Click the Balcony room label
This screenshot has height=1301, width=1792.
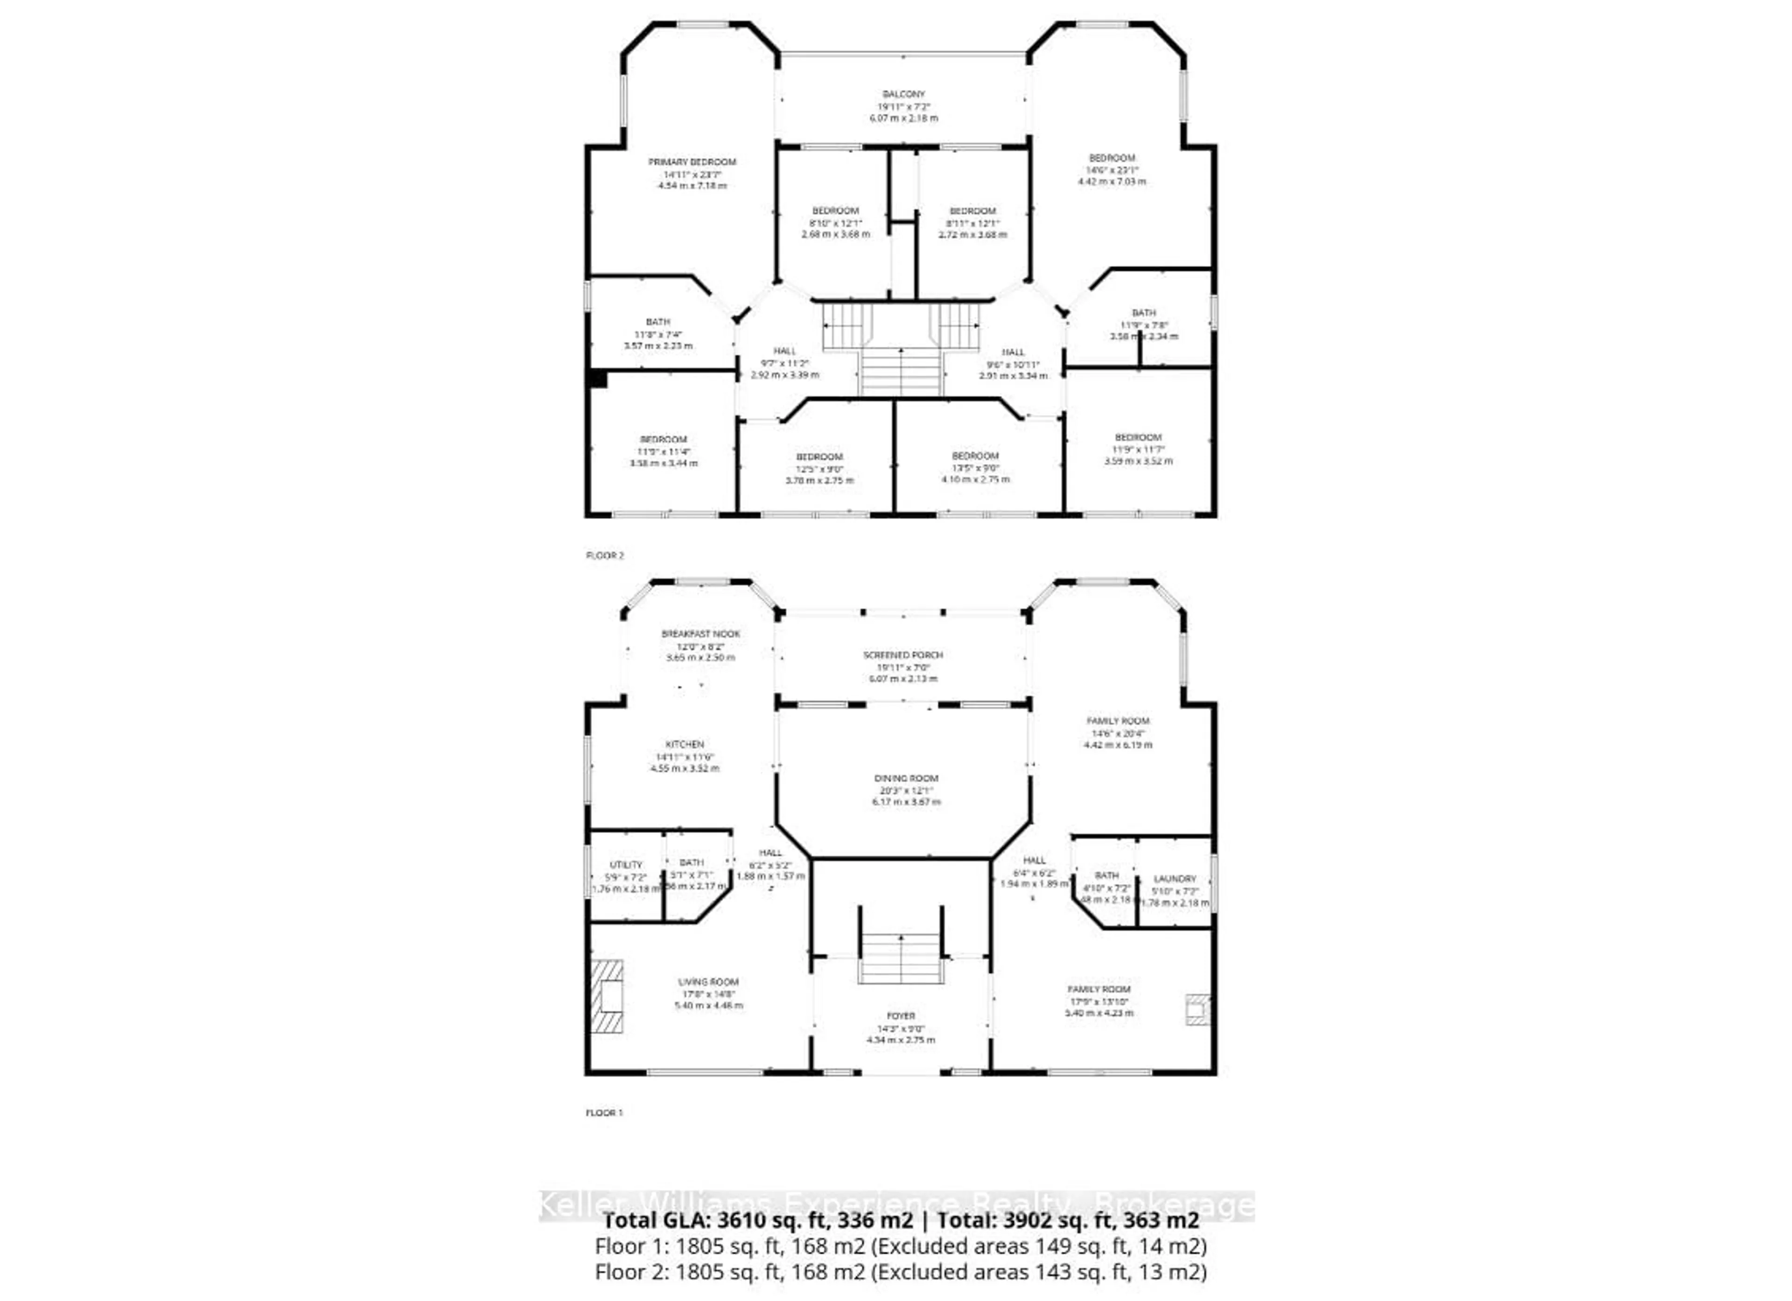[x=903, y=94]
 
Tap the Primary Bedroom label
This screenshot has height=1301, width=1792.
[x=692, y=162]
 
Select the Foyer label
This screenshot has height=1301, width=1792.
[x=901, y=1016]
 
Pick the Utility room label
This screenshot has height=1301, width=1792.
[x=626, y=865]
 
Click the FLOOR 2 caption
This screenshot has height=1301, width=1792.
[x=604, y=556]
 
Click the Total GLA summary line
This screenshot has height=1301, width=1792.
[x=901, y=1220]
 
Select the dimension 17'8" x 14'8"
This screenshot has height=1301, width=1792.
[x=709, y=993]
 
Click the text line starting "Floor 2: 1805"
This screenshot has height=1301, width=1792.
[x=901, y=1272]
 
